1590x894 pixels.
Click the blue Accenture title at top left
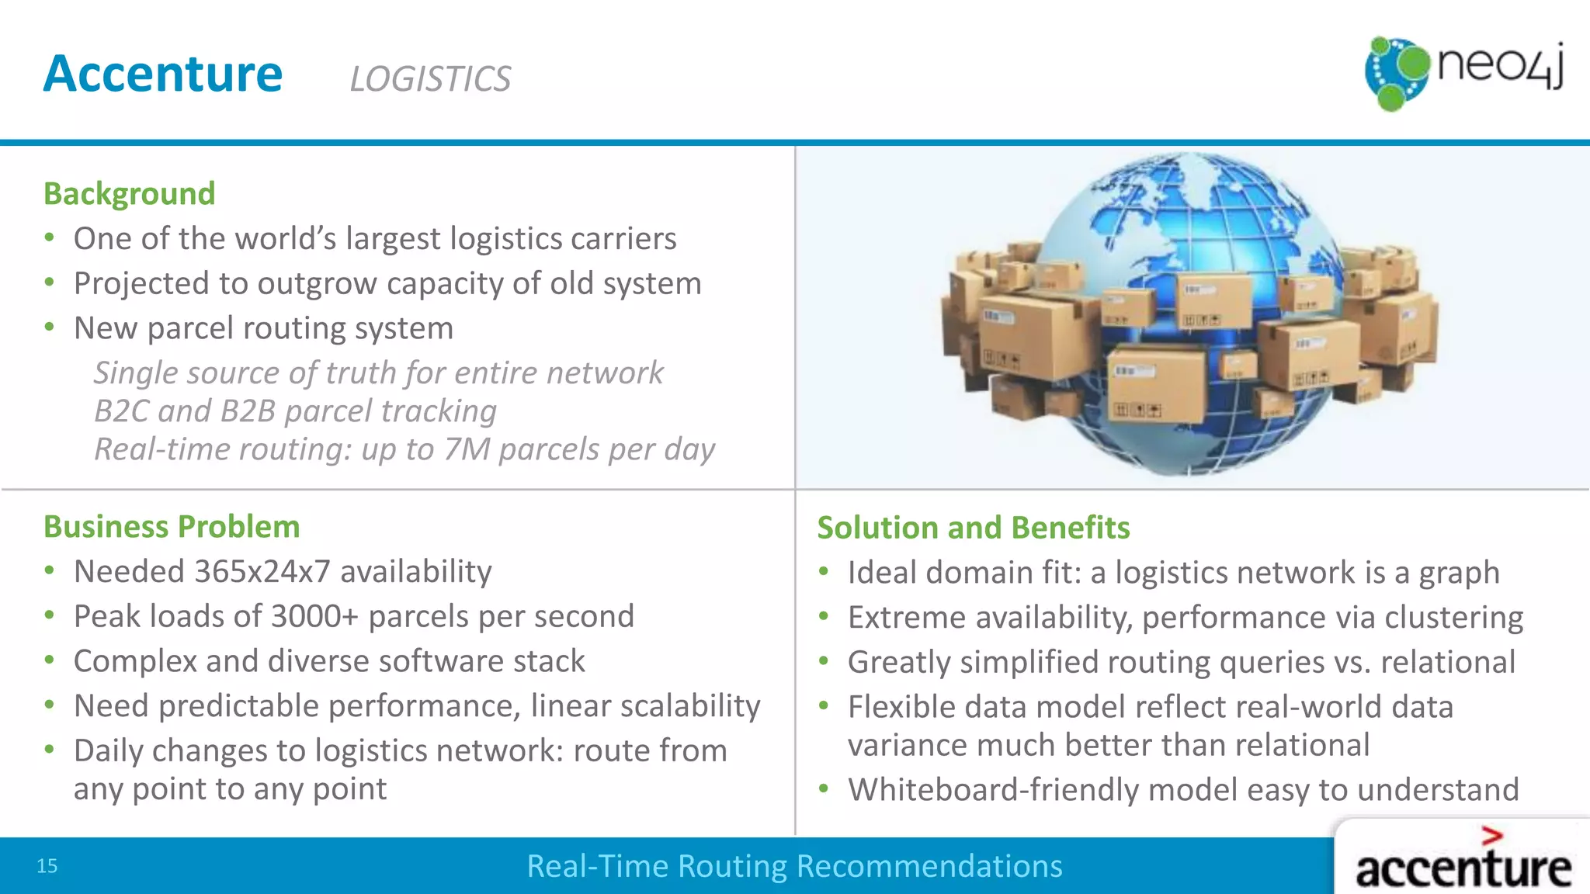tap(163, 74)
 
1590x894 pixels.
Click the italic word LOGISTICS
tap(430, 79)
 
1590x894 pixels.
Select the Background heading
tap(129, 193)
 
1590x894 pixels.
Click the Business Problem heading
tap(172, 526)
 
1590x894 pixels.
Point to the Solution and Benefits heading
tap(973, 528)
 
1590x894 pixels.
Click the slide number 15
tap(47, 866)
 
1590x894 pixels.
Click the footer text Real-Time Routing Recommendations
tap(794, 866)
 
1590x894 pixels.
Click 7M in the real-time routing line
tap(467, 449)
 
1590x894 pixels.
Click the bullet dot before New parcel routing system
tap(50, 327)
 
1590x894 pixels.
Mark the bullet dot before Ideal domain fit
tap(824, 572)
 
